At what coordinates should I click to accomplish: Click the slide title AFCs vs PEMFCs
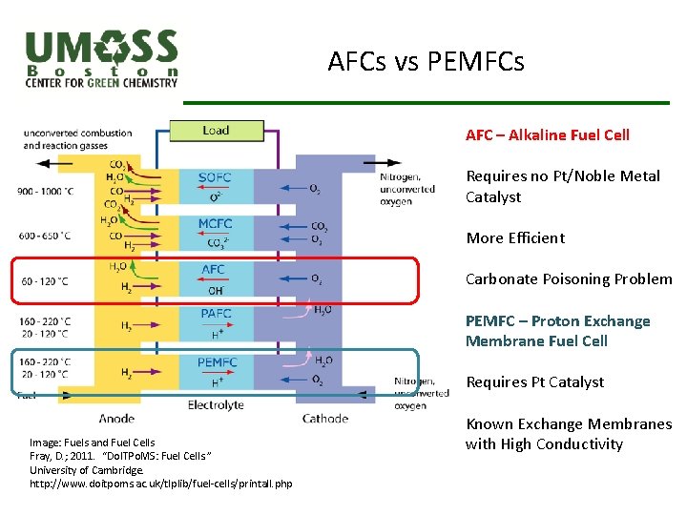click(426, 63)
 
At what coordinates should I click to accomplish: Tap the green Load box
click(216, 131)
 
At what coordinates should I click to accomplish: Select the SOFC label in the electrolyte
click(215, 177)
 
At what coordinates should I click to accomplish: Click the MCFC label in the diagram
click(215, 224)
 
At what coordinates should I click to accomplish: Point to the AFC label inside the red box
click(214, 270)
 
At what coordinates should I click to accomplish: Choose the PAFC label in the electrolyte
click(216, 314)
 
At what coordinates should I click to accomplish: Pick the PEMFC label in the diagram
click(218, 362)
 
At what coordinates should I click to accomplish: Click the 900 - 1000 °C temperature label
click(45, 192)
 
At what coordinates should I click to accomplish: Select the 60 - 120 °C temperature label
click(44, 281)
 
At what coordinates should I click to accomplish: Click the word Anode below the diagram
click(116, 418)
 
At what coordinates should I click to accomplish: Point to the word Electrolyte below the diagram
click(215, 405)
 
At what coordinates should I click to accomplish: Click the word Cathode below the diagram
click(324, 418)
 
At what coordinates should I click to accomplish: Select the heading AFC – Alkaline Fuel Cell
click(548, 135)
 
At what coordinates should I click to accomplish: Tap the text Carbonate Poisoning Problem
click(569, 279)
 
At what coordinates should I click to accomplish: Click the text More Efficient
click(515, 238)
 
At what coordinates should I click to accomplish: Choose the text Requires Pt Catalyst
click(534, 382)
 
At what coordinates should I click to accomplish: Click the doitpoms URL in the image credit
click(160, 484)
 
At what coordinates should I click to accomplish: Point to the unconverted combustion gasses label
click(77, 139)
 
